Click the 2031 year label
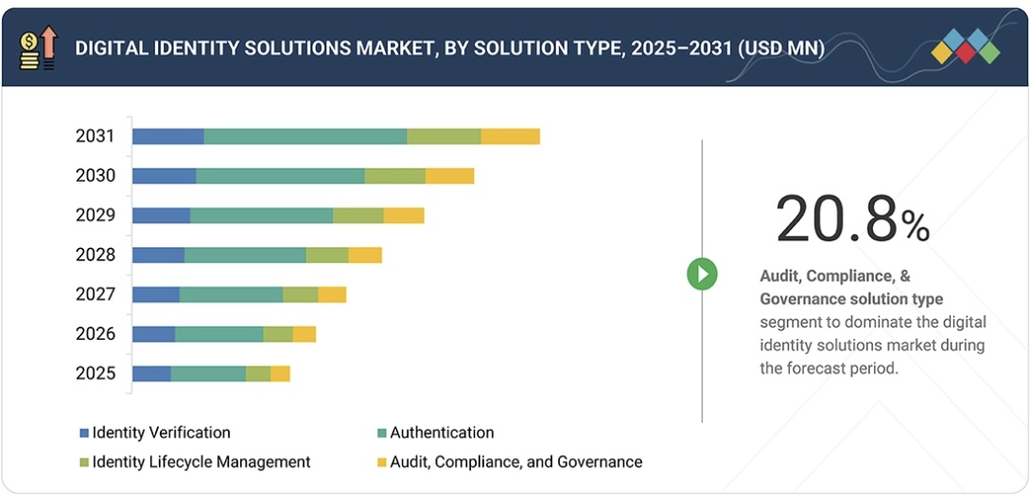coord(95,136)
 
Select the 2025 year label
coord(95,373)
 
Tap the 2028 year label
coord(95,255)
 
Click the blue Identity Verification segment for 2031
coord(167,136)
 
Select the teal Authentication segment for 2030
coord(280,176)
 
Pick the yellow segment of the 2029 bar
coord(404,216)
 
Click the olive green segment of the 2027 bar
coord(300,294)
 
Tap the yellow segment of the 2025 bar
coord(280,373)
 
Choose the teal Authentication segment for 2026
coord(218,334)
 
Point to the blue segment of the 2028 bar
coord(158,255)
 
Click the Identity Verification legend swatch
coord(84,434)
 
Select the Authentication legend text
coord(442,433)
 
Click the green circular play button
coord(702,275)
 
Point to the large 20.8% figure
coord(851,220)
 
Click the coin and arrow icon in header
coord(38,47)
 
